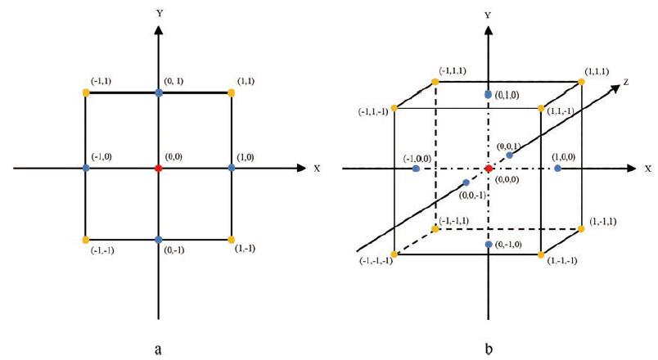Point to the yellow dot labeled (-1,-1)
pyautogui.click(x=86, y=240)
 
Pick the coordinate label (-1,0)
pyautogui.click(x=102, y=156)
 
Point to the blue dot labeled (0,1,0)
pyautogui.click(x=489, y=95)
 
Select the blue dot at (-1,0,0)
pyautogui.click(x=417, y=169)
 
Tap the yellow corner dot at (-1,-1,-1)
pyautogui.click(x=394, y=255)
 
